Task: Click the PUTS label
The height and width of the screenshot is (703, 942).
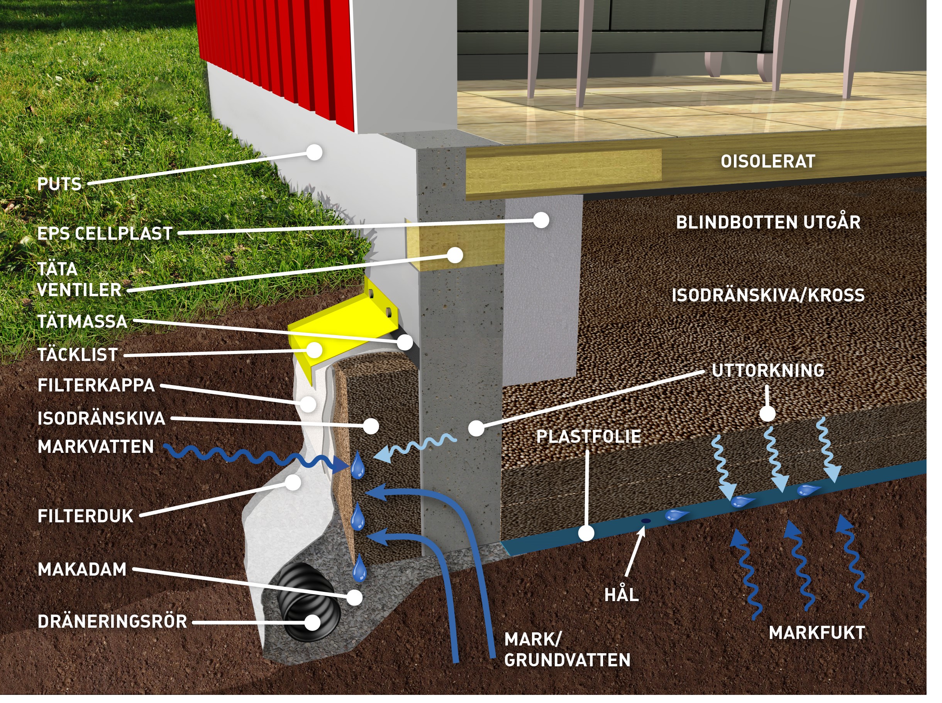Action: click(x=59, y=184)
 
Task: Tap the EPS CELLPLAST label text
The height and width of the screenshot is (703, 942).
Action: click(x=105, y=234)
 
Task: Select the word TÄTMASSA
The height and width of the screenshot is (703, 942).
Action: click(x=82, y=322)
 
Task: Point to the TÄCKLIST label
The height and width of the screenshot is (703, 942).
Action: click(x=78, y=355)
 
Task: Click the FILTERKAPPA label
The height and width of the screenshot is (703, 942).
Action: click(x=96, y=386)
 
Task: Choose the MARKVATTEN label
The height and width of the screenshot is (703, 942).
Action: click(x=96, y=447)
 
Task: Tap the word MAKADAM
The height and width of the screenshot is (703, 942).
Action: click(x=82, y=569)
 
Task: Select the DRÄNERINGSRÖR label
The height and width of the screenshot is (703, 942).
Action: click(x=112, y=622)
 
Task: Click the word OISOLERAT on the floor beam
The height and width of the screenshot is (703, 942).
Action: click(x=767, y=162)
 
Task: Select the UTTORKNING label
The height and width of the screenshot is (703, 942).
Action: click(x=767, y=371)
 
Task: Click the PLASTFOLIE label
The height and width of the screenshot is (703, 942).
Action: click(x=588, y=437)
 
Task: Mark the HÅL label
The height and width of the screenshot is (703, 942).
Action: click(x=621, y=595)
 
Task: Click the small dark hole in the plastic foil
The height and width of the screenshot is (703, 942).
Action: click(x=646, y=521)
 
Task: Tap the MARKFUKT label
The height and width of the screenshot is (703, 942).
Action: click(x=817, y=633)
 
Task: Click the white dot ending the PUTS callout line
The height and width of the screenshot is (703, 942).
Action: click(x=314, y=152)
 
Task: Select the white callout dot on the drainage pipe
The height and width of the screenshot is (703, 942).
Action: click(x=313, y=623)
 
